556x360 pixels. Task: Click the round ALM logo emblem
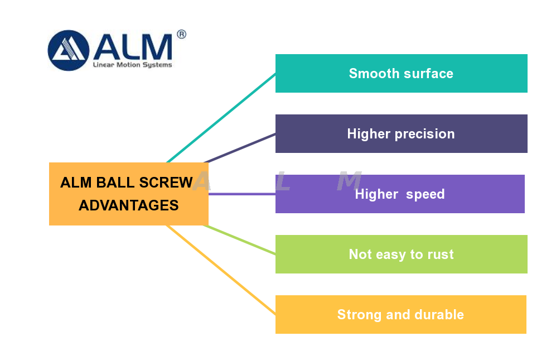coord(69,50)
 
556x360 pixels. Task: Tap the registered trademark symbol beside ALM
coord(181,35)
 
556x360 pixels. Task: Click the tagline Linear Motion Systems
coord(132,65)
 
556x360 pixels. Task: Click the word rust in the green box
coord(441,255)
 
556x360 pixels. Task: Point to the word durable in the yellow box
coord(439,315)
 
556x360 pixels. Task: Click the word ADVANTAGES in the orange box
coord(129,205)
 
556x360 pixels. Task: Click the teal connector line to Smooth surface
coord(223,117)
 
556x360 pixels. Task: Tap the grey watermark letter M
coord(350,181)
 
